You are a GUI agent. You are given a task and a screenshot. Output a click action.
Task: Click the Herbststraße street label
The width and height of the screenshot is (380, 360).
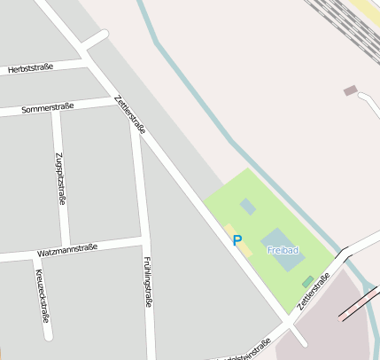(30, 67)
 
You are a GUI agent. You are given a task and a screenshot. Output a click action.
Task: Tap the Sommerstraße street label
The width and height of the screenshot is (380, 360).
(48, 107)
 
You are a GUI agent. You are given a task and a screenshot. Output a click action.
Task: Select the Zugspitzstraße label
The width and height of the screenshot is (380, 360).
(61, 178)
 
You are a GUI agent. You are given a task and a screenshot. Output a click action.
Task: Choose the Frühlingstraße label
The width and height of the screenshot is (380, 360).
(147, 281)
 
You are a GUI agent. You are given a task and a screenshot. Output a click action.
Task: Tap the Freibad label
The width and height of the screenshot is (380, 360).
(283, 250)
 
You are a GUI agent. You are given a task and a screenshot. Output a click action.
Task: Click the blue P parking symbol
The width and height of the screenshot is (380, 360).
(237, 240)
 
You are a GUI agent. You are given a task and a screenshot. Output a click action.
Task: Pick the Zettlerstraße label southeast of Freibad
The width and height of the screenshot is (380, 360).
(314, 292)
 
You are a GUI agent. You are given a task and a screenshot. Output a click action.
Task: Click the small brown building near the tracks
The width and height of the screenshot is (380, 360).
(351, 90)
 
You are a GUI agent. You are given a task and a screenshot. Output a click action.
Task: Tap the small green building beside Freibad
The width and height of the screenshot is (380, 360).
(307, 282)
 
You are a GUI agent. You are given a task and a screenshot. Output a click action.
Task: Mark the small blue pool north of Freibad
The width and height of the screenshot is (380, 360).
(248, 207)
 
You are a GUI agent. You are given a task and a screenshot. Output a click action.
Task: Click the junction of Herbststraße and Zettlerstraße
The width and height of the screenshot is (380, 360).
(86, 61)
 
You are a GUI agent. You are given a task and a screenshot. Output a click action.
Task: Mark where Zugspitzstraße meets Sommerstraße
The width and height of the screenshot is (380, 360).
(56, 110)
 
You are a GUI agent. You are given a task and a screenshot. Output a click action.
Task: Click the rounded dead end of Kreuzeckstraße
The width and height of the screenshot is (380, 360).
(49, 336)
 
